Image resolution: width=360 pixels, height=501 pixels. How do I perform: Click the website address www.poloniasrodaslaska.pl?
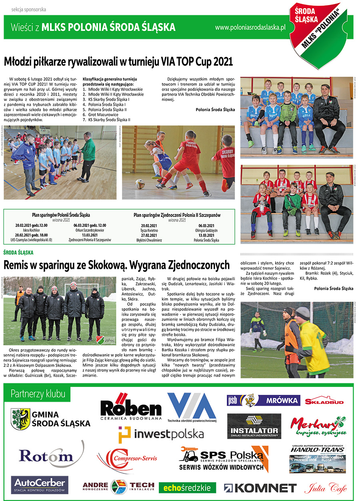(x=250, y=27)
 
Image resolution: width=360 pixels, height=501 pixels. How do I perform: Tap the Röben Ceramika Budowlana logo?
(x=131, y=407)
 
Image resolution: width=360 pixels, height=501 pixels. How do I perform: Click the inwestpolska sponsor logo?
(x=161, y=433)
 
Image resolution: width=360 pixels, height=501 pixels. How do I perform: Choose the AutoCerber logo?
(x=40, y=485)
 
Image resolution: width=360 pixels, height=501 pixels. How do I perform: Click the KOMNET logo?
(x=260, y=487)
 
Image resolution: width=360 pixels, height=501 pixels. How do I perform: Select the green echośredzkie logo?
(x=187, y=487)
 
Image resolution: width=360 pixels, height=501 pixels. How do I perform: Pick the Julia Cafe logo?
(x=325, y=487)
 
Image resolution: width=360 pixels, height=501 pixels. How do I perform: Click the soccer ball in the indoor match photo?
(x=140, y=184)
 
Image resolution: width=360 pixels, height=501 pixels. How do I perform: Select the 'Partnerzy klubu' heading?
(x=38, y=394)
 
